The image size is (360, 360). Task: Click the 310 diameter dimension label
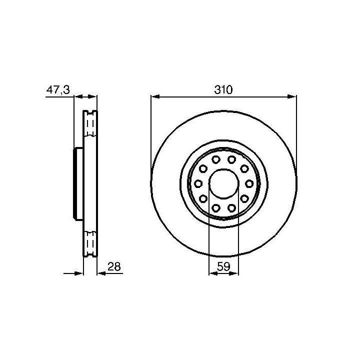pos(223,89)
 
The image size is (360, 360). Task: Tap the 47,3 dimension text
pos(58,89)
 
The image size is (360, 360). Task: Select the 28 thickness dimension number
pos(114,266)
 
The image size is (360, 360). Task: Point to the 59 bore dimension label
pos(223,266)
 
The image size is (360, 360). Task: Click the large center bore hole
pos(223,183)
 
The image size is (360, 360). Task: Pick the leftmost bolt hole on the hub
pos(198,183)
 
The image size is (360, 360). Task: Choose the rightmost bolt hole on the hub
pos(249,183)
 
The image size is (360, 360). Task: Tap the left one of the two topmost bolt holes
pos(216,159)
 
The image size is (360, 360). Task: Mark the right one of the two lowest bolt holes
pos(231,208)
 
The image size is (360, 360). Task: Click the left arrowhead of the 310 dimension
pos(155,96)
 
